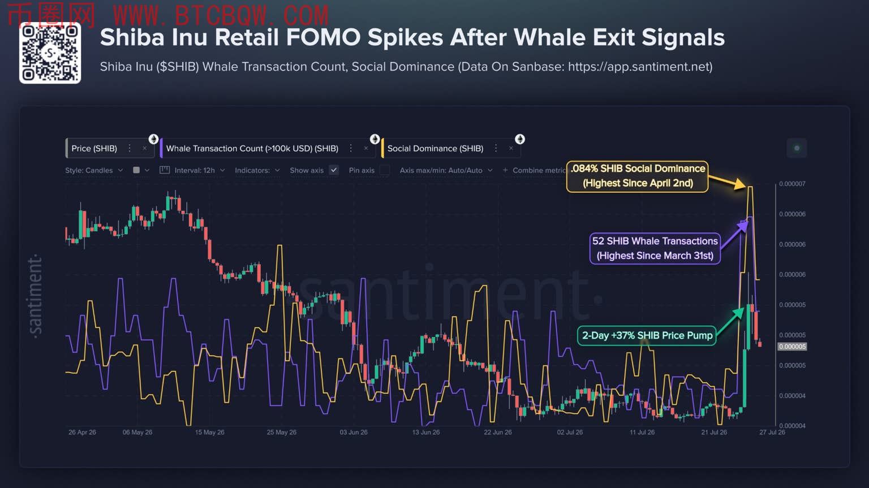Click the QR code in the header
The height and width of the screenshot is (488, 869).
tap(50, 53)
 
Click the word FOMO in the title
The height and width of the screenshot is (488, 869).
tap(323, 37)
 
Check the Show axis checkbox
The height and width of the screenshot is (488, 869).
tap(334, 170)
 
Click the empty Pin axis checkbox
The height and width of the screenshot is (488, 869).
tap(385, 170)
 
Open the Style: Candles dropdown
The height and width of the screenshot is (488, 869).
tap(94, 171)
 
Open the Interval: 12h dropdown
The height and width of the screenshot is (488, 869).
tap(192, 171)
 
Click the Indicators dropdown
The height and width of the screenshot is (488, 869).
tap(257, 171)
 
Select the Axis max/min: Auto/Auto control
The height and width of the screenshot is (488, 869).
tap(446, 171)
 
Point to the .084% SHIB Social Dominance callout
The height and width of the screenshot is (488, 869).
tap(638, 176)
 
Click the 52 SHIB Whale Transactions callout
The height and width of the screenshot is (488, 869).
tap(655, 248)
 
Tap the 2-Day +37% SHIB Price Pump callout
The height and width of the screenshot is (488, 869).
tap(647, 336)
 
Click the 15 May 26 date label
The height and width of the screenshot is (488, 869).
tap(209, 432)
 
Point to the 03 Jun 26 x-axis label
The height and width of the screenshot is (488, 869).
tap(354, 432)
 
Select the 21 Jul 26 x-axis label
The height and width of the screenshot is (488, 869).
tap(714, 432)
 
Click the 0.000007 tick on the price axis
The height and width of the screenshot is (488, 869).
tap(792, 184)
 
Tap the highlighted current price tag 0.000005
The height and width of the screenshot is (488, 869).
tap(792, 347)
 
